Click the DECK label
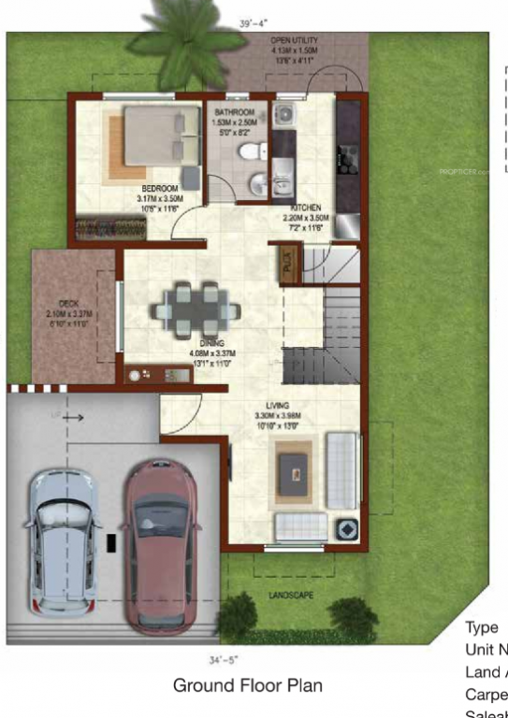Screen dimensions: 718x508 coord(67,303)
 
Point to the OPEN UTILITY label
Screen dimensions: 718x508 coord(294,41)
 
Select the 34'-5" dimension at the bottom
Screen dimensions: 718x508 coord(245,659)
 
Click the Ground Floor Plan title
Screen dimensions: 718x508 coord(248,685)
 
